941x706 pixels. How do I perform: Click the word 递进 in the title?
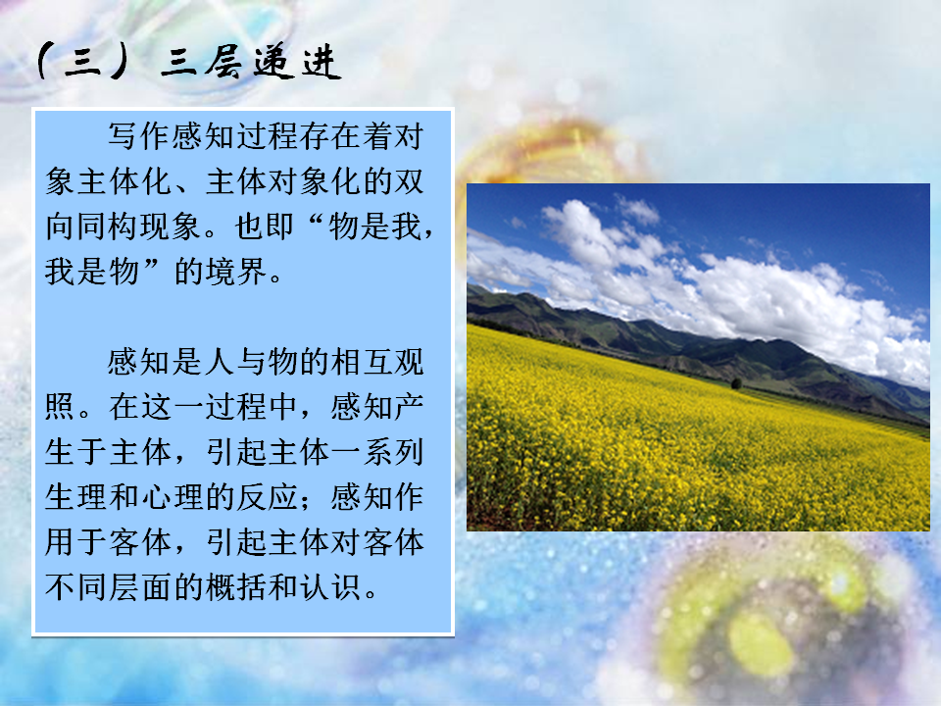(x=296, y=63)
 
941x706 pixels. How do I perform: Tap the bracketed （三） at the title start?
(x=82, y=61)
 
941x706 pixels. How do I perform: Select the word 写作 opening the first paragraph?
(x=138, y=136)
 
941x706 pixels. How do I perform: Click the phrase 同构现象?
(x=138, y=227)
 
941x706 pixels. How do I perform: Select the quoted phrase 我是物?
(x=92, y=272)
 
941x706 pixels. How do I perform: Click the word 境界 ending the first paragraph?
(x=236, y=272)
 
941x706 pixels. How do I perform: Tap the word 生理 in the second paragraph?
(x=75, y=497)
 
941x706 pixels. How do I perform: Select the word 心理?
(x=172, y=497)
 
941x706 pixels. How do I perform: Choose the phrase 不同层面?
(x=108, y=587)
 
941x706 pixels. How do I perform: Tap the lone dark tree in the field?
(x=736, y=383)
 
